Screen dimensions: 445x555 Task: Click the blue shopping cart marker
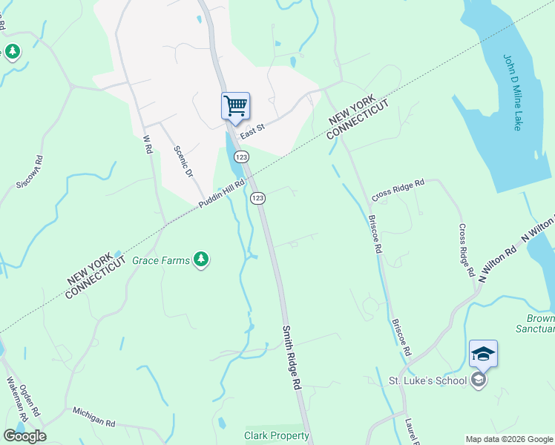pyautogui.click(x=235, y=105)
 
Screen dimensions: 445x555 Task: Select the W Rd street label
pyautogui.click(x=147, y=144)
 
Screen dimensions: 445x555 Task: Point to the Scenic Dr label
pyautogui.click(x=183, y=159)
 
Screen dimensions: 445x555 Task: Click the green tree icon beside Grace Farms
pyautogui.click(x=200, y=260)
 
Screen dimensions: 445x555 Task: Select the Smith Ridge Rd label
pyautogui.click(x=292, y=356)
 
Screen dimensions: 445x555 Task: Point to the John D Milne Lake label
pyautogui.click(x=513, y=93)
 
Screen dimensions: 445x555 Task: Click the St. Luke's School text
pyautogui.click(x=427, y=380)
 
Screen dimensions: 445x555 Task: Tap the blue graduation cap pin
pyautogui.click(x=483, y=355)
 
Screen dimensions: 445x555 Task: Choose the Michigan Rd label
pyautogui.click(x=93, y=417)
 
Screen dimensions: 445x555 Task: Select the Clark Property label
pyautogui.click(x=276, y=435)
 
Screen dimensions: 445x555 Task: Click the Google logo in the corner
pyautogui.click(x=24, y=435)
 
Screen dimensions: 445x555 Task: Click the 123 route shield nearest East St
pyautogui.click(x=241, y=157)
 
